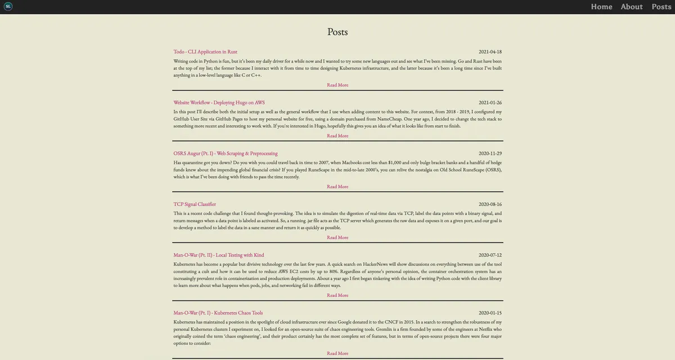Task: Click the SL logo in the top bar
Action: point(8,6)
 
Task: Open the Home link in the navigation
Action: point(601,7)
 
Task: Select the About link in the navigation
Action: point(631,7)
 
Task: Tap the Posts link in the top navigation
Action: point(661,7)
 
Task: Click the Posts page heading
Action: point(337,32)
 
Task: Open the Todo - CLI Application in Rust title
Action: point(205,52)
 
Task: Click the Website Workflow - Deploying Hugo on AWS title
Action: point(219,102)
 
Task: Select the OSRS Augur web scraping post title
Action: point(225,153)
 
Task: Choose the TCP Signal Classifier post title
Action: point(195,204)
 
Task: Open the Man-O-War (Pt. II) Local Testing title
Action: point(218,255)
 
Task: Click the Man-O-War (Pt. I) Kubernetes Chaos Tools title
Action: point(218,313)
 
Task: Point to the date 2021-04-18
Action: point(490,52)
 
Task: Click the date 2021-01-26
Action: point(490,102)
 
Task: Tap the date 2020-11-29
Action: point(490,153)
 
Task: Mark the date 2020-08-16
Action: point(490,204)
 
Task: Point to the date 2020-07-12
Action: point(490,255)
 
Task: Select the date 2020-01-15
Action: point(490,313)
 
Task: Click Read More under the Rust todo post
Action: point(337,85)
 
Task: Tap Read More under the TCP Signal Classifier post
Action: point(337,237)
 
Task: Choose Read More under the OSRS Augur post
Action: point(337,187)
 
